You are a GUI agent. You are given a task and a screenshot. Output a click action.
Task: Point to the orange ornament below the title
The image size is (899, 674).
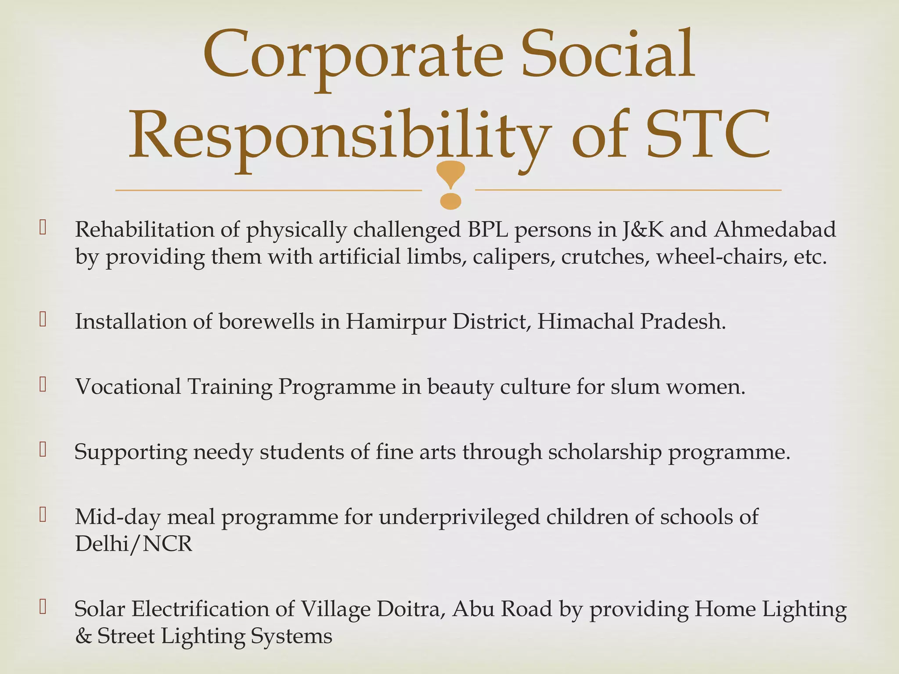point(450,185)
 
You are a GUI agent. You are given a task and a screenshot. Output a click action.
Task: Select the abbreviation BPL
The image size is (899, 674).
point(487,229)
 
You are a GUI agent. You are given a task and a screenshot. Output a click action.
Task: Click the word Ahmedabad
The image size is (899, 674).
point(775,229)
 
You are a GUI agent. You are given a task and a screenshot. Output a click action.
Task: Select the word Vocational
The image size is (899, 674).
point(128,387)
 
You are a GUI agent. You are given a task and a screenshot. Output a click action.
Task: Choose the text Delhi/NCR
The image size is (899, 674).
point(134,544)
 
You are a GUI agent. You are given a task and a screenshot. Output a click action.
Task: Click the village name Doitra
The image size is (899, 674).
point(411,609)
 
